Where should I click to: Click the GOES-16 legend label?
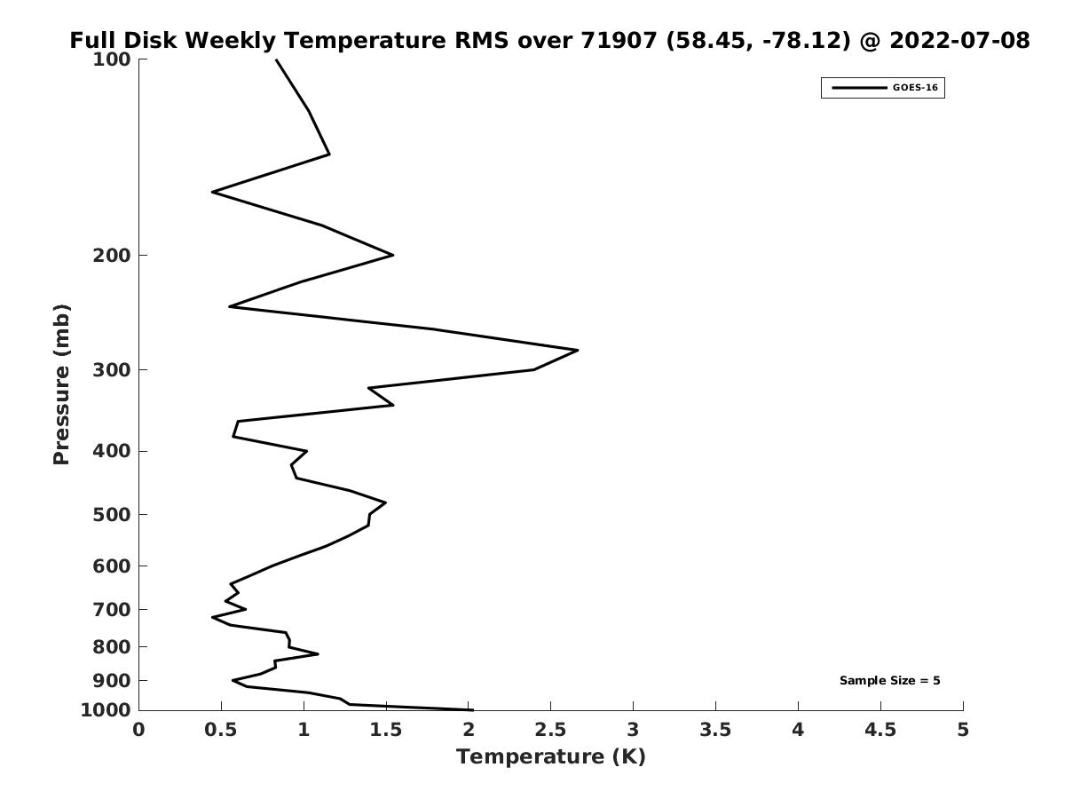pyautogui.click(x=915, y=88)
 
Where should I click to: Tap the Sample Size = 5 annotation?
pyautogui.click(x=890, y=681)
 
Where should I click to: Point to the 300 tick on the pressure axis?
pyautogui.click(x=112, y=370)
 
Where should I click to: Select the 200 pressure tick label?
pyautogui.click(x=112, y=255)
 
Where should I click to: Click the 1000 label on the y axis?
pyautogui.click(x=106, y=710)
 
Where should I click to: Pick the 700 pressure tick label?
pyautogui.click(x=112, y=609)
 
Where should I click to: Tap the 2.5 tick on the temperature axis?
pyautogui.click(x=551, y=730)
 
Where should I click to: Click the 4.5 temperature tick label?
pyautogui.click(x=880, y=730)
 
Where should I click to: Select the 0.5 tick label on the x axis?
pyautogui.click(x=221, y=730)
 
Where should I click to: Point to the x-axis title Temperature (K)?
pyautogui.click(x=551, y=756)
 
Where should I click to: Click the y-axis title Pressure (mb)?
pyautogui.click(x=61, y=384)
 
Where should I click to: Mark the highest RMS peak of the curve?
pyautogui.click(x=578, y=350)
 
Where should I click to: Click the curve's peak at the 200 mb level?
pyautogui.click(x=393, y=255)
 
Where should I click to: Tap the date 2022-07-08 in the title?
pyautogui.click(x=959, y=40)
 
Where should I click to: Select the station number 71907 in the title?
pyautogui.click(x=619, y=40)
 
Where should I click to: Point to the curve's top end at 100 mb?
pyautogui.click(x=277, y=59)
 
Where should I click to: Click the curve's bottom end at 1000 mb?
pyautogui.click(x=473, y=710)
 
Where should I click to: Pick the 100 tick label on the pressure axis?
pyautogui.click(x=112, y=59)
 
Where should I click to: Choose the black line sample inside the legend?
pyautogui.click(x=859, y=88)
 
